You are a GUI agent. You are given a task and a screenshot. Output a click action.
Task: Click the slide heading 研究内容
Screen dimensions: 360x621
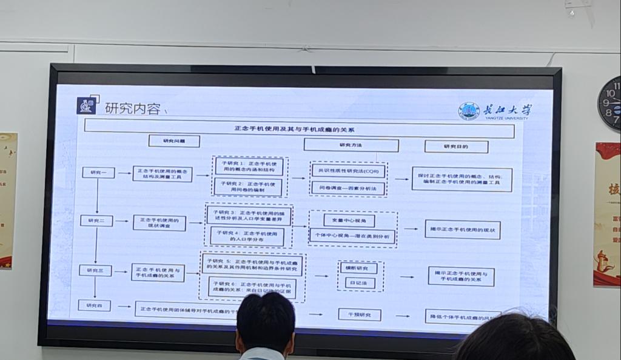tap(132, 108)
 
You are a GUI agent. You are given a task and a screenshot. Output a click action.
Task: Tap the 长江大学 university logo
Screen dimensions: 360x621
tap(495, 111)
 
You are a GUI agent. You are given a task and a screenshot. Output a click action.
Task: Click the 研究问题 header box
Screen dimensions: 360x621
tap(173, 141)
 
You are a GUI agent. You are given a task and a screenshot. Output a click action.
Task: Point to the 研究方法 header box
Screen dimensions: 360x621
tap(351, 145)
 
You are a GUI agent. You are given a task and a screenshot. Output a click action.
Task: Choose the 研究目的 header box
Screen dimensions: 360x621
tap(456, 147)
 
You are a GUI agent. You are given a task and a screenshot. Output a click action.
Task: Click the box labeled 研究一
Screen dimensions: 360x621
tap(98, 173)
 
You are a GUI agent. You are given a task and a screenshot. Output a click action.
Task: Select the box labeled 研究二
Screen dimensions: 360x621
tap(96, 221)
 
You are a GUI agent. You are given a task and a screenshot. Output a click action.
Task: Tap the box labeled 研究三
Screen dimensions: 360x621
tap(95, 270)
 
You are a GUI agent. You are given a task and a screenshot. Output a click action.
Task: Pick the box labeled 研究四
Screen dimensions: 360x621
tap(94, 305)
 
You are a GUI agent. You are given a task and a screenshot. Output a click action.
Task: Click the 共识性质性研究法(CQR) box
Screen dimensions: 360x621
tap(348, 171)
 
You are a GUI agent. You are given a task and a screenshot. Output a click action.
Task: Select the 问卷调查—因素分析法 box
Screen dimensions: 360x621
tap(348, 189)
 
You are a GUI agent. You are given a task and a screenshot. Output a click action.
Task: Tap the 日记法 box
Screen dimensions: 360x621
tap(360, 283)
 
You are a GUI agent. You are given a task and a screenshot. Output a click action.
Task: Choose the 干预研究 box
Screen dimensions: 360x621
tap(360, 315)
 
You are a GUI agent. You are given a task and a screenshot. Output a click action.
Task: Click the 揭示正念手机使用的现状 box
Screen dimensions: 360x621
tap(462, 230)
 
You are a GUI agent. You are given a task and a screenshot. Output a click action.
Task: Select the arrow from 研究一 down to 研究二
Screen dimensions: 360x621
tap(97, 196)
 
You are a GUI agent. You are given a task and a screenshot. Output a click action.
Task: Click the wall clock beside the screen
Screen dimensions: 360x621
tap(611, 103)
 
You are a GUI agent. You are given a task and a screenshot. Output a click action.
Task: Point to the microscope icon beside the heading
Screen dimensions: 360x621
tap(86, 106)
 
